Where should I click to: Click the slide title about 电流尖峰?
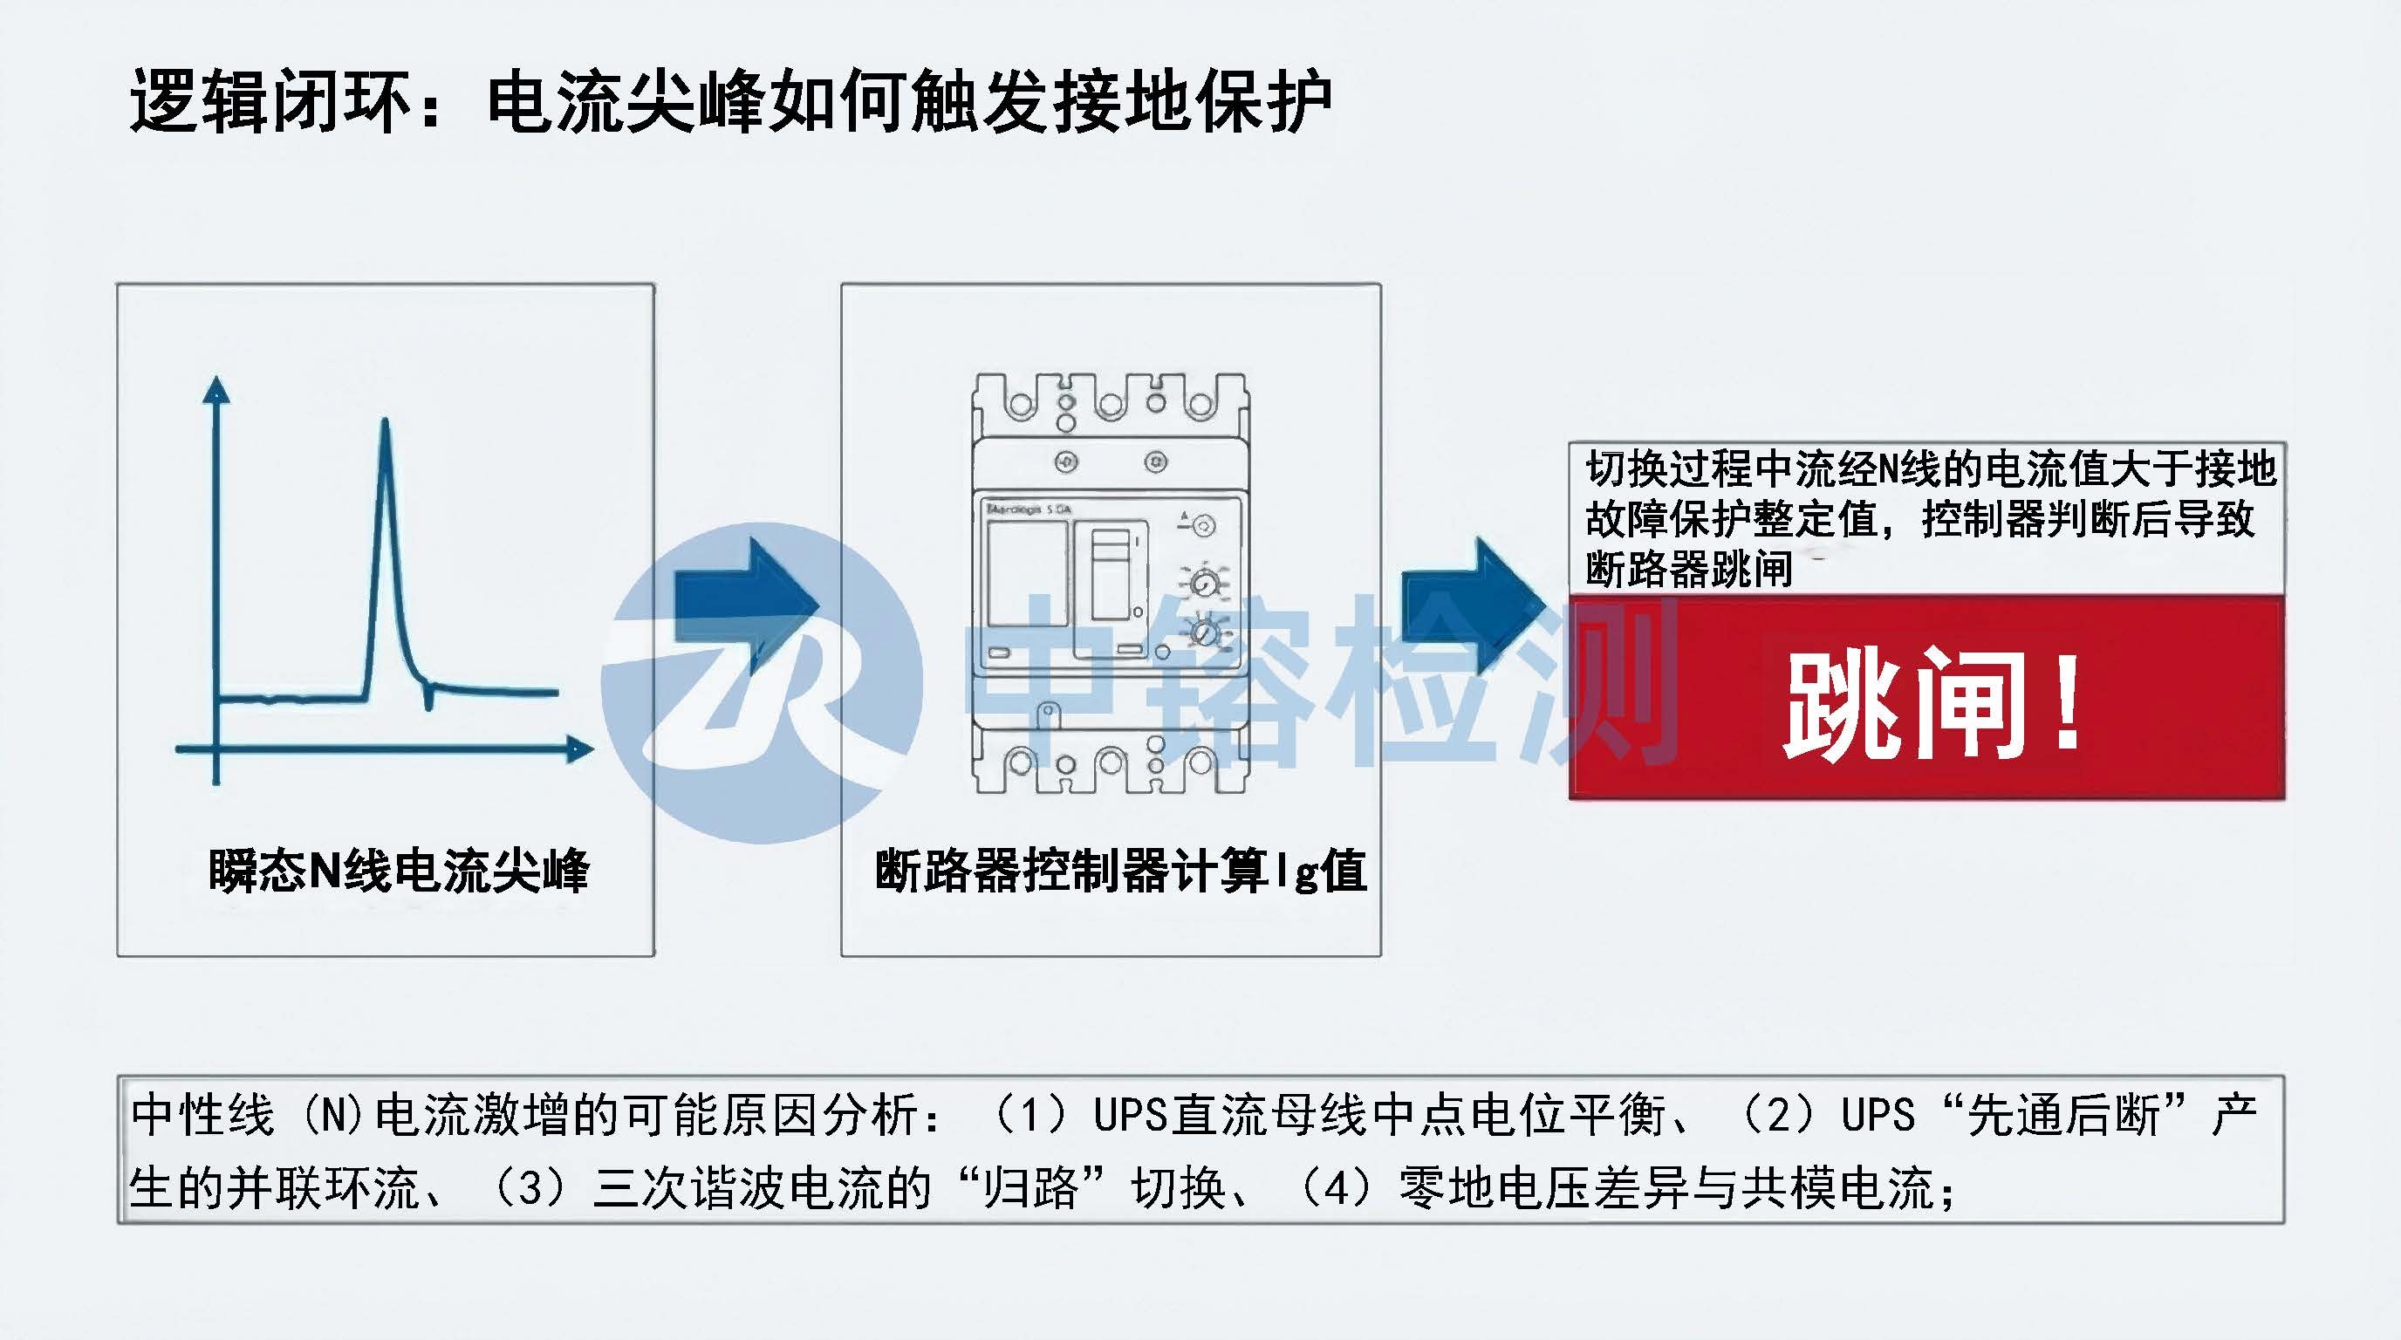click(729, 100)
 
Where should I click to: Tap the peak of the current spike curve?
click(385, 425)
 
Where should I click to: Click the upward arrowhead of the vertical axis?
click(216, 389)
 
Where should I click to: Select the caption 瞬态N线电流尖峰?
click(398, 871)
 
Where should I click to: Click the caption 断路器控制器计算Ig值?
click(1120, 871)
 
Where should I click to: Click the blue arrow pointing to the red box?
click(1473, 605)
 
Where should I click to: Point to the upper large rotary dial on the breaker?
click(1205, 584)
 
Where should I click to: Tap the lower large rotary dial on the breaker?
click(1205, 632)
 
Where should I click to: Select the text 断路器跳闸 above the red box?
click(1689, 570)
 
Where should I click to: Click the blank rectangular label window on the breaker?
click(1027, 573)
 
